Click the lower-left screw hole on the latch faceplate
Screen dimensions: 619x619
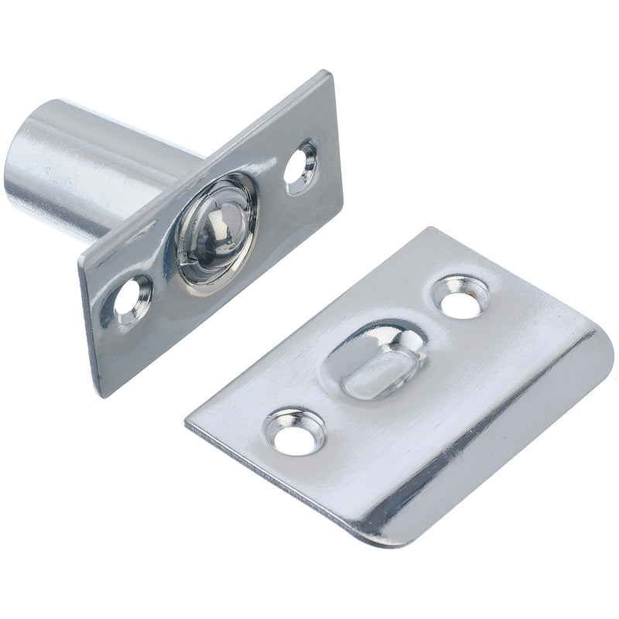pos(133,298)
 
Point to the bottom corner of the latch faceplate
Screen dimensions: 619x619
pos(99,396)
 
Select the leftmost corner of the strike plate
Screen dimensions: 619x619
pos(186,423)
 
